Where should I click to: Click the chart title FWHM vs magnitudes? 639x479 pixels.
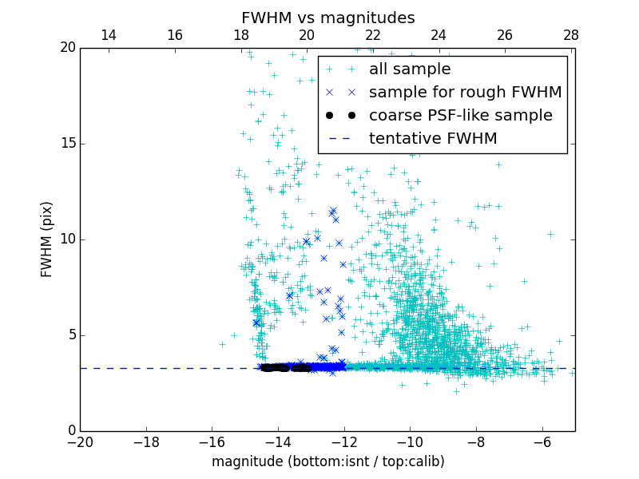click(x=327, y=18)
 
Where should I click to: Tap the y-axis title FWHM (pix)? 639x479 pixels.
click(x=47, y=239)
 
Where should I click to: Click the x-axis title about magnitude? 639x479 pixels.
click(x=327, y=461)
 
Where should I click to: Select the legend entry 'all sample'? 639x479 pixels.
click(x=410, y=69)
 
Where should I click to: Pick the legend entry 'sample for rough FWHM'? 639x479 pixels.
click(x=465, y=93)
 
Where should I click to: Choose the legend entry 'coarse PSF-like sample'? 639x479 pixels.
click(x=460, y=116)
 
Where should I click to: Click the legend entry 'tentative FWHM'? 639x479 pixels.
click(x=433, y=139)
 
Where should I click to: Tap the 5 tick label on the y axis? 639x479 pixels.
click(x=70, y=335)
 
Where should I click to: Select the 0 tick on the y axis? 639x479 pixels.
click(x=70, y=431)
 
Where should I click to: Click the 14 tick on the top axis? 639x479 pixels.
click(x=109, y=35)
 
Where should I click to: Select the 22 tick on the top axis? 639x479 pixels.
click(x=373, y=35)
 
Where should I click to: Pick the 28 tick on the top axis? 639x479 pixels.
click(x=571, y=35)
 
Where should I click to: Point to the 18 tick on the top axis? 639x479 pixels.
click(x=241, y=35)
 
